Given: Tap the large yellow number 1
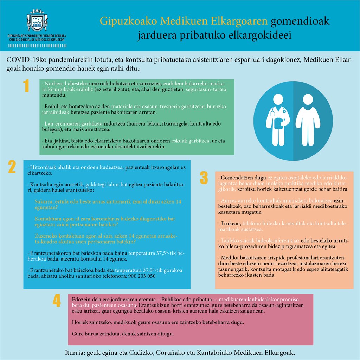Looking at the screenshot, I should [26, 86].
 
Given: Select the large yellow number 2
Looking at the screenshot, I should [12, 167].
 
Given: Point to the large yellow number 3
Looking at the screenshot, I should [204, 178].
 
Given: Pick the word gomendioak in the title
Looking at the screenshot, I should [300, 21].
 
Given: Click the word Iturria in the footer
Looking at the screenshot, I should [75, 352].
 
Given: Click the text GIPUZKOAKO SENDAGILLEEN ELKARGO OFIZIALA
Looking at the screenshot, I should [37, 36].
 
